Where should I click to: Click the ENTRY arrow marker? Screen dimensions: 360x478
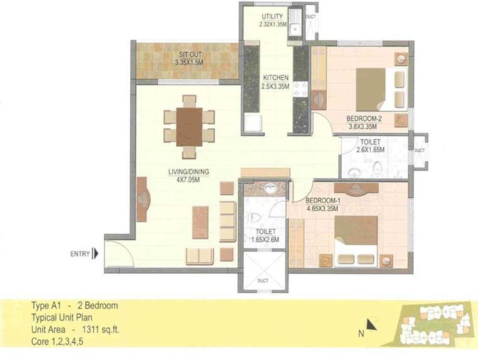point(95,253)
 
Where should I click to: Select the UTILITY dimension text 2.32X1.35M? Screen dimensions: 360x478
point(272,24)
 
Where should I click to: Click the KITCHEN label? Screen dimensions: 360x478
point(275,78)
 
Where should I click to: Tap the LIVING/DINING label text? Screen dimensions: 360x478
point(182,171)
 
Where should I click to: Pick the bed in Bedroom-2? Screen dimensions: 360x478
point(380,89)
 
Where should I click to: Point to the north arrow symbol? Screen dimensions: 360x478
point(370,326)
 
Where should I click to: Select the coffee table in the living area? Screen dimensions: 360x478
point(200,222)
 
